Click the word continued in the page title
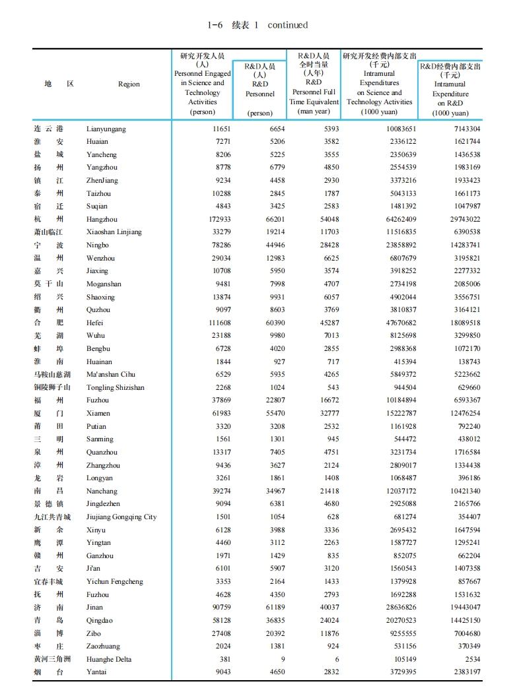(288, 25)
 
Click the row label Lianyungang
(106, 129)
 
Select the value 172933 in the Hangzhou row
(217, 219)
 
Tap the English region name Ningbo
(98, 245)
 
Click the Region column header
(129, 84)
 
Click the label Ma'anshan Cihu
(110, 374)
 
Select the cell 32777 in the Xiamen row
(326, 413)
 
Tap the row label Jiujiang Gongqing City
(121, 517)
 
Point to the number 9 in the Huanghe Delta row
(283, 659)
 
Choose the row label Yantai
(97, 672)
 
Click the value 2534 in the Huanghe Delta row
(471, 659)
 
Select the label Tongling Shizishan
(115, 387)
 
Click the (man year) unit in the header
(314, 111)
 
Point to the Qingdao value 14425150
(465, 620)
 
